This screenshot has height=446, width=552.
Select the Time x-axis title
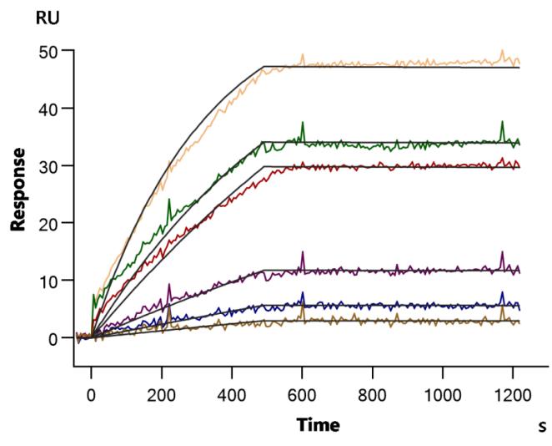point(318,426)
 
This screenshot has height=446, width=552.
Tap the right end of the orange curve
point(519,62)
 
